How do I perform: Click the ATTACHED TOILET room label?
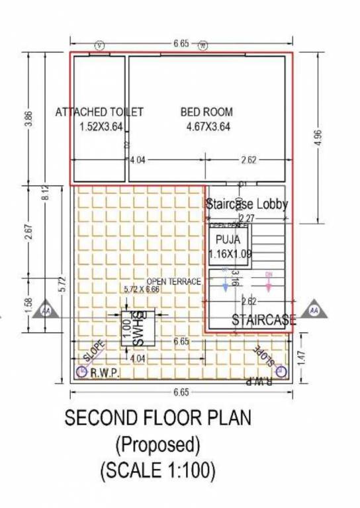tap(99, 112)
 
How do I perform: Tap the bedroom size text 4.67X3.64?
tap(208, 127)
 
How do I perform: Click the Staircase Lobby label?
tap(247, 204)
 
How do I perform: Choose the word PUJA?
tap(228, 239)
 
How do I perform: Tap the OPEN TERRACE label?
tap(174, 282)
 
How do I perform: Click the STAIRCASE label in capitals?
tap(263, 321)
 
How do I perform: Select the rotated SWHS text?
tap(139, 329)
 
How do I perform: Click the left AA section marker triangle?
tap(46, 310)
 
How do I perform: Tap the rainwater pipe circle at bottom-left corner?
tap(82, 372)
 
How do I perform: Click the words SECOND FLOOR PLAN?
tap(157, 419)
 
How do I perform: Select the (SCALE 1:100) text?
tap(157, 471)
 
